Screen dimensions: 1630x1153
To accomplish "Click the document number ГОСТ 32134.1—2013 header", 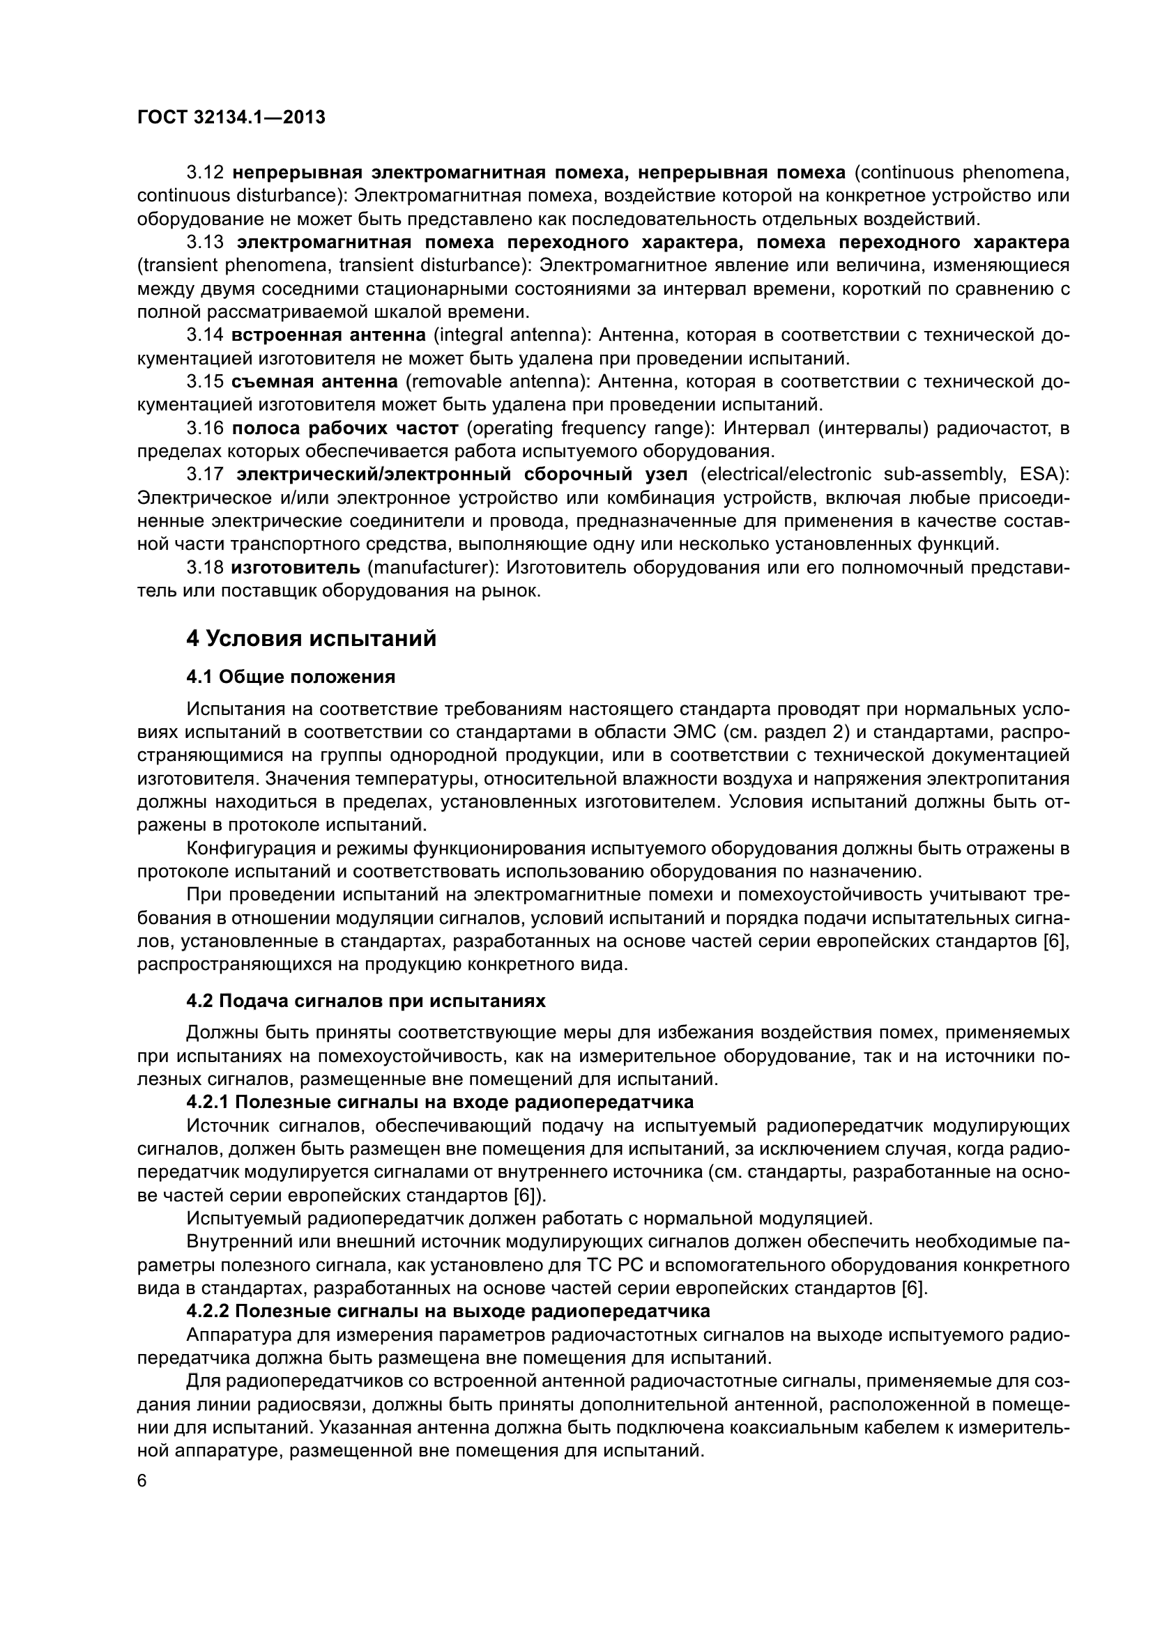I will (x=231, y=118).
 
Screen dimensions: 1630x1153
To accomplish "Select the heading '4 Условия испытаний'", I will (x=311, y=639).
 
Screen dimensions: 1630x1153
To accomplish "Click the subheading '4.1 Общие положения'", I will (x=291, y=677).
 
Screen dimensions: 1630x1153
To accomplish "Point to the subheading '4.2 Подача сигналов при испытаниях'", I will (x=366, y=1001).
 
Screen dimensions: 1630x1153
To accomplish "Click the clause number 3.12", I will (x=205, y=173).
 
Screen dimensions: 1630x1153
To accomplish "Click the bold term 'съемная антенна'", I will (x=314, y=382).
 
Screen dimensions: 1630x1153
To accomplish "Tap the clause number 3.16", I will (x=205, y=428).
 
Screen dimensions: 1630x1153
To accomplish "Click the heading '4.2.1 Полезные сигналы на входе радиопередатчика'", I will (x=440, y=1102).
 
